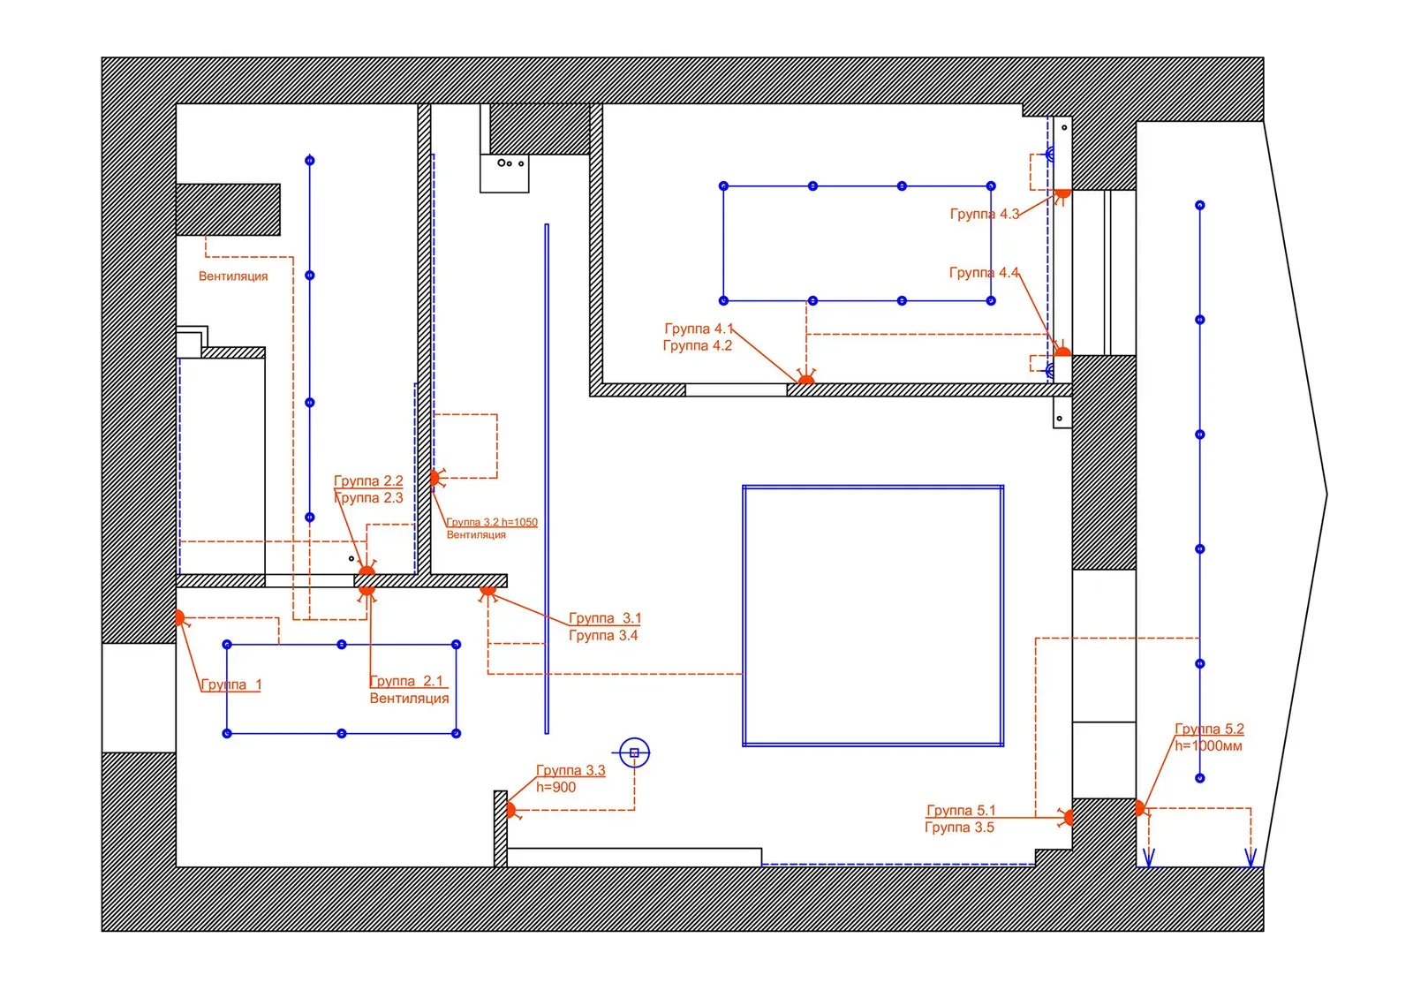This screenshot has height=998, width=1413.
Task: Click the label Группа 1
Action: [x=230, y=684]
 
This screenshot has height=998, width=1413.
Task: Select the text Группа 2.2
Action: [x=368, y=481]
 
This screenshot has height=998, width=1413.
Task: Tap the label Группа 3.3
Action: [x=570, y=770]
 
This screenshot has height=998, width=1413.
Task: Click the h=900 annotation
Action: [x=555, y=788]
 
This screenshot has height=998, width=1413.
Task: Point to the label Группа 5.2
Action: [x=1209, y=729]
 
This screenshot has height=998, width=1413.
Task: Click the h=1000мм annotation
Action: [x=1208, y=746]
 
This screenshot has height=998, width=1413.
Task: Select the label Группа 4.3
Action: [x=984, y=214]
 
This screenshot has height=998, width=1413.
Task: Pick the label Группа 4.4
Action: [x=983, y=273]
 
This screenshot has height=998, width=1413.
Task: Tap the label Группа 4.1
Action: [x=699, y=329]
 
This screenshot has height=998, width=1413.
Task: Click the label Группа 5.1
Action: [x=961, y=810]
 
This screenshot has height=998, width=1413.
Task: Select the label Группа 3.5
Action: [x=959, y=828]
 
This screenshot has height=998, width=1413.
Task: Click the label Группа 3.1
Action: [x=604, y=618]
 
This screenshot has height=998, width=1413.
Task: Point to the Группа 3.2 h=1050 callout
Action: [x=492, y=522]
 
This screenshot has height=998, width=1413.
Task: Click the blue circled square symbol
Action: [x=634, y=753]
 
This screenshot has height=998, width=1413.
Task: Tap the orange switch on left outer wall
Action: [x=180, y=618]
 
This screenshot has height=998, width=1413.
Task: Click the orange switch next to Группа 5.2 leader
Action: [x=1140, y=808]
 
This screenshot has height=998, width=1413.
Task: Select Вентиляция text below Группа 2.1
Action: [x=409, y=699]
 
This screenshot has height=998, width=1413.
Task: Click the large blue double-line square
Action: [x=873, y=616]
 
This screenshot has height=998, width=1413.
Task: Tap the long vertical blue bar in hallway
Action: [x=547, y=478]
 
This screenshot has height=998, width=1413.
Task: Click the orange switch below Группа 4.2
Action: [x=805, y=380]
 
